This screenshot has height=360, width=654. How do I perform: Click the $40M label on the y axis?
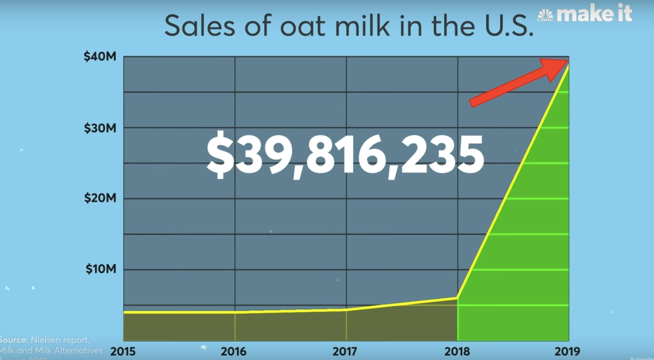pyautogui.click(x=100, y=57)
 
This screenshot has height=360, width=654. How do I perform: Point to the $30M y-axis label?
pyautogui.click(x=100, y=128)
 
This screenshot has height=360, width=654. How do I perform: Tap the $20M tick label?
pyautogui.click(x=100, y=198)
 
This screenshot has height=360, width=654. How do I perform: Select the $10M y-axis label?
pyautogui.click(x=101, y=269)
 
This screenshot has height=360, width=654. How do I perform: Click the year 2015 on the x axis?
pyautogui.click(x=123, y=352)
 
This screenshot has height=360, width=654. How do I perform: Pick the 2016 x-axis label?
pyautogui.click(x=234, y=352)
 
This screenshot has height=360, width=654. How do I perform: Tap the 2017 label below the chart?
pyautogui.click(x=346, y=352)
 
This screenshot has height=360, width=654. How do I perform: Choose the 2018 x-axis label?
pyautogui.click(x=457, y=352)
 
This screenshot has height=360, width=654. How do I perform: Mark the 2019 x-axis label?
pyautogui.click(x=567, y=352)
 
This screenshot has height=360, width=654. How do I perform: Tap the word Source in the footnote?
pyautogui.click(x=13, y=340)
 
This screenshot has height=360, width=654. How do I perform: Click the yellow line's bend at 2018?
pyautogui.click(x=457, y=298)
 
